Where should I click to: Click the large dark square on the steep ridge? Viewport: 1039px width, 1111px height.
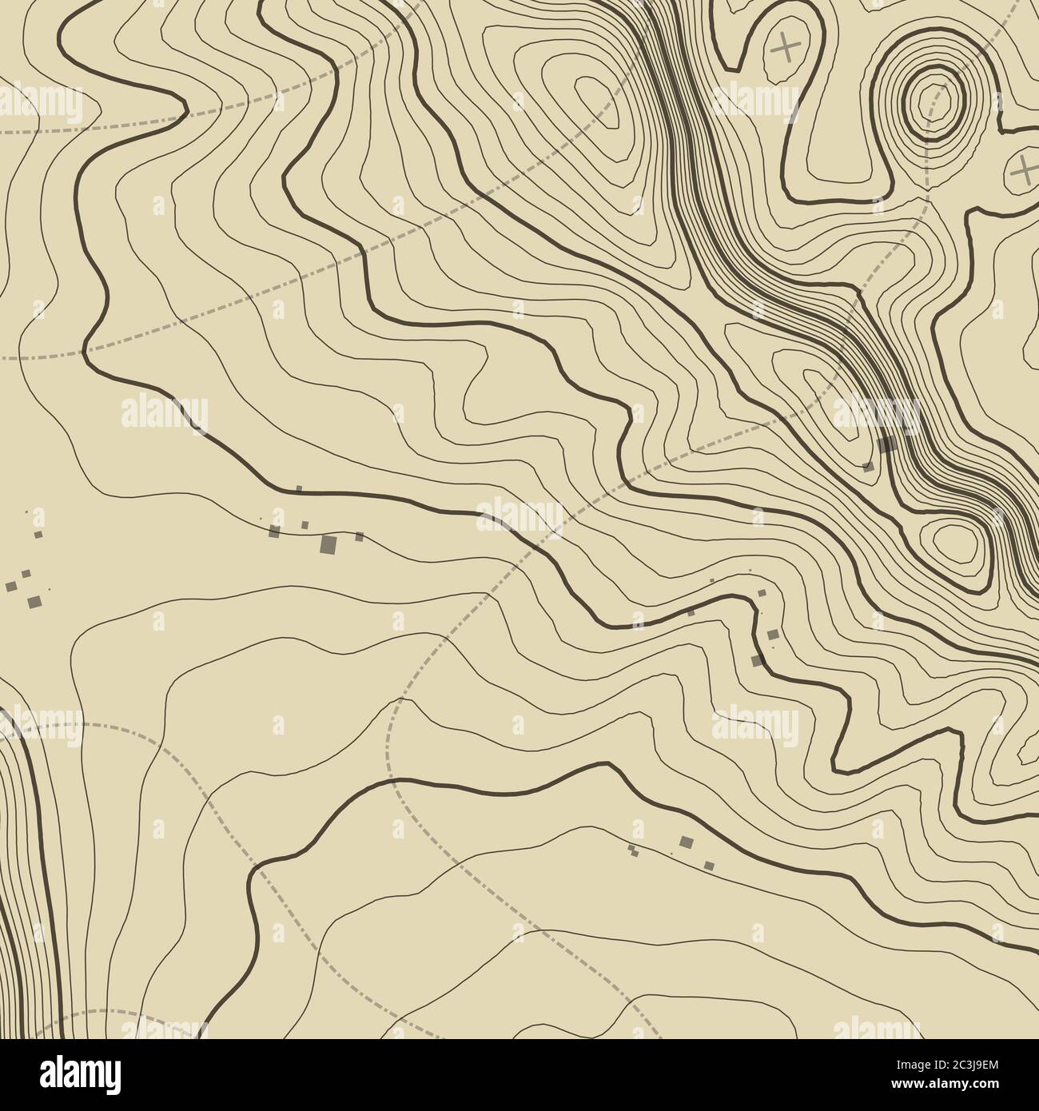[885, 444]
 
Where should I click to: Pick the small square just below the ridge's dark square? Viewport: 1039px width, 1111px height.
[869, 467]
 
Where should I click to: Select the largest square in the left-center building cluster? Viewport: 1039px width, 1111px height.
[328, 544]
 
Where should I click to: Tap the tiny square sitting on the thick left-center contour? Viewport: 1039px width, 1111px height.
[299, 488]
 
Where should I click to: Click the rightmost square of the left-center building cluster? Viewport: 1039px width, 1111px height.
[359, 536]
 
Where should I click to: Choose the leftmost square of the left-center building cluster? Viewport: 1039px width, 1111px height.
[274, 531]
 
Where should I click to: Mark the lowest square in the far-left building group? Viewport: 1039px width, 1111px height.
[34, 601]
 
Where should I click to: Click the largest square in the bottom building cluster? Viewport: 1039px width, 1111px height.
[685, 841]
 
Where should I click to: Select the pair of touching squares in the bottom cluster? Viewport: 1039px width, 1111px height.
[632, 850]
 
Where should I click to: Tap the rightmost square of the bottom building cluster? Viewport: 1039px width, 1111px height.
[708, 864]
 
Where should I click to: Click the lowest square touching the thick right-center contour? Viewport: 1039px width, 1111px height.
[756, 660]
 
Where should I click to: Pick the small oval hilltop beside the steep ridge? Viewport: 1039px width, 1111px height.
[951, 542]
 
